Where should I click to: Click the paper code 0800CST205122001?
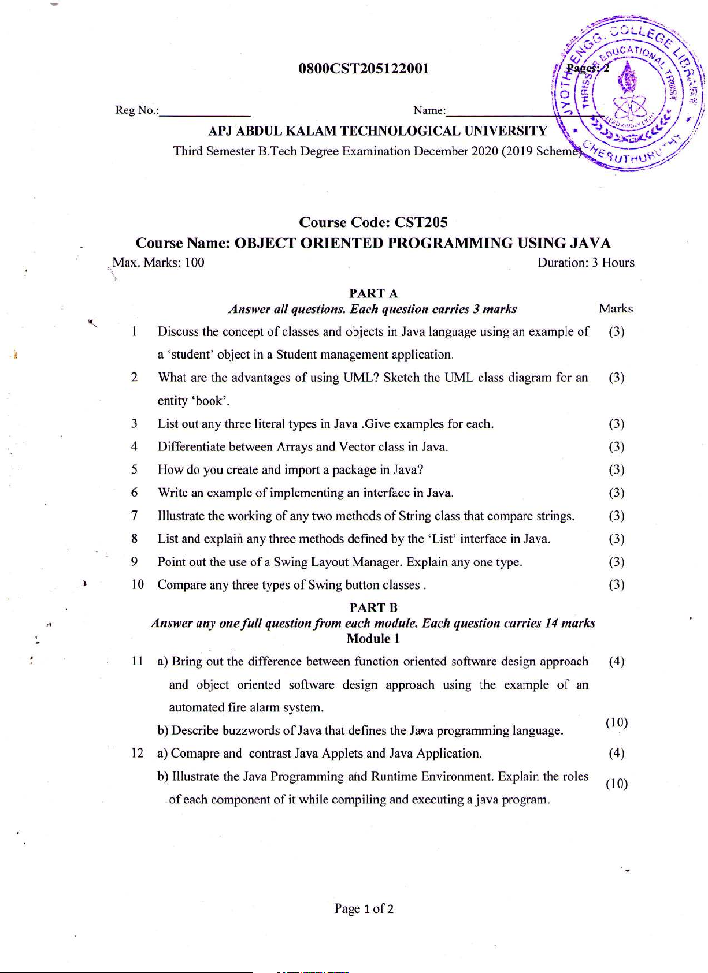[364, 69]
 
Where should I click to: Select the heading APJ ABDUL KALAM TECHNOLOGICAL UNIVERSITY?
[377, 131]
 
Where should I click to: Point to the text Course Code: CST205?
[373, 222]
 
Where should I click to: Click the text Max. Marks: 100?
[158, 263]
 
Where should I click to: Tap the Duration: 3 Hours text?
[585, 263]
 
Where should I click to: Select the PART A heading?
[373, 293]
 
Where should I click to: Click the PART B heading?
[373, 607]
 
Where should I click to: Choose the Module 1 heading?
[373, 639]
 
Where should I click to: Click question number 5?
[134, 470]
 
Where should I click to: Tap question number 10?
[137, 585]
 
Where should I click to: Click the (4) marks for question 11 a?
[617, 662]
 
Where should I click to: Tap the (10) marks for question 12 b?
[617, 784]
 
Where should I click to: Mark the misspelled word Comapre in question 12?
[195, 754]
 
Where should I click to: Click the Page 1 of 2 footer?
[364, 909]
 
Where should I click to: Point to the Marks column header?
[616, 309]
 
